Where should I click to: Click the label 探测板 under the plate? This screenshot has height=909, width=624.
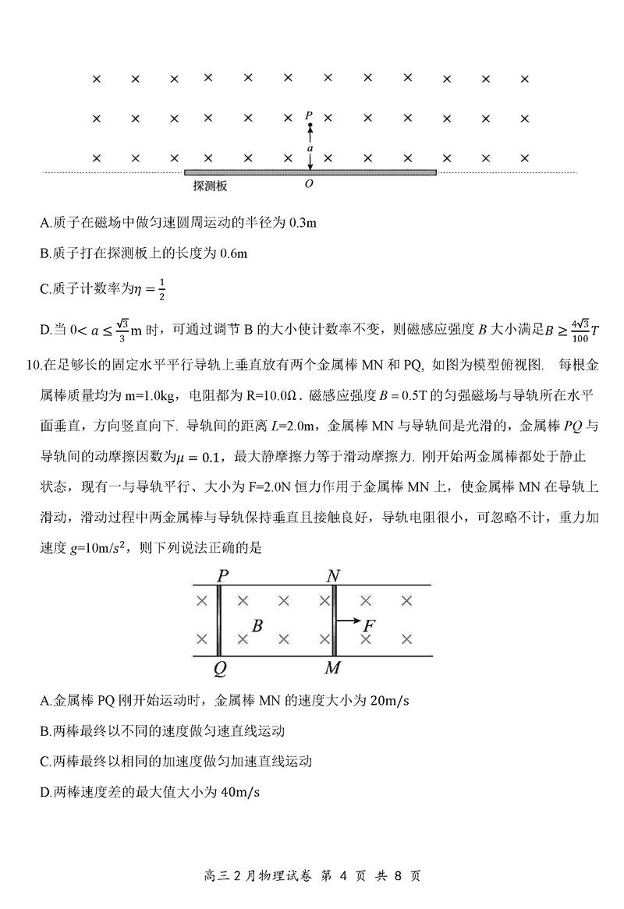coord(211,186)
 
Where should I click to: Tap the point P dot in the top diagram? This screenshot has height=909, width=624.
coord(310,126)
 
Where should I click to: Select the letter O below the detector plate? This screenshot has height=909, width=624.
coord(310,185)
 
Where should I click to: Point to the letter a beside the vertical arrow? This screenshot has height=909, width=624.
coord(310,147)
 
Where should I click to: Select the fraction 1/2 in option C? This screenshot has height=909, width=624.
coord(161,288)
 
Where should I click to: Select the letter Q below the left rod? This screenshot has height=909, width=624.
coord(221,668)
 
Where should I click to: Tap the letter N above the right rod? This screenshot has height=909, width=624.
coord(334,575)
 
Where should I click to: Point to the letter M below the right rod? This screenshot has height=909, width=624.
coord(334,668)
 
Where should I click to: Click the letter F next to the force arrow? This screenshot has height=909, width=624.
coord(370,624)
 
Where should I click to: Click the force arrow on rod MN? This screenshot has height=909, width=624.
coord(349,621)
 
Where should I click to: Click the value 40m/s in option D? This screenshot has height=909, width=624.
coord(240,792)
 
